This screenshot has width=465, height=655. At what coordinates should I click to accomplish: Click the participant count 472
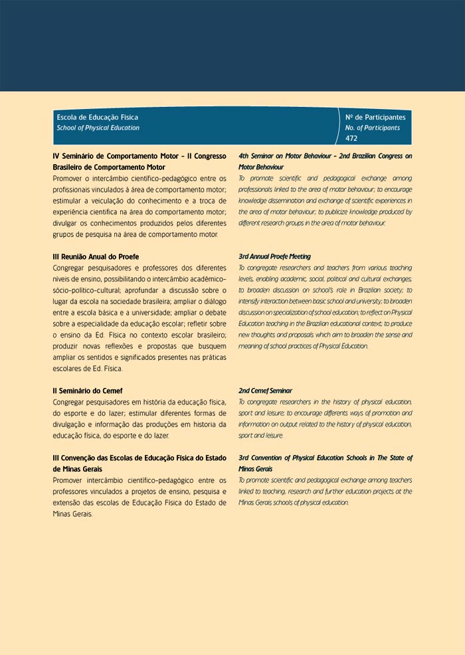pos(351,138)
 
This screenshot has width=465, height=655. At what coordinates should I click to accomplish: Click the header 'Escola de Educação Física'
pos(98,117)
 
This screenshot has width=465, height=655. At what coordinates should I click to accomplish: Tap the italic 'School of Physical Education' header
pos(98,128)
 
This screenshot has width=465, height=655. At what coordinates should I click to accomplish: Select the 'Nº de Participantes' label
pos(375,117)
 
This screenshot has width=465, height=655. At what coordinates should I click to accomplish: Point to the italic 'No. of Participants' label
pos(373,128)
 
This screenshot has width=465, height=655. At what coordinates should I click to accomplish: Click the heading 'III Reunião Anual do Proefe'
pos(96,256)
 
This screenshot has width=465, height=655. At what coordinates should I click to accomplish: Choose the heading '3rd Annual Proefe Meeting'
pos(274,256)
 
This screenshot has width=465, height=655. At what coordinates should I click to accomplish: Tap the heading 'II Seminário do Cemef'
pos(88,391)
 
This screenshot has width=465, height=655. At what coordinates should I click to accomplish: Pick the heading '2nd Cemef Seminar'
pos(265,391)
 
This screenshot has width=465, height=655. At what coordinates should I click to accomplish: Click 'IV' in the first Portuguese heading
pos(56,156)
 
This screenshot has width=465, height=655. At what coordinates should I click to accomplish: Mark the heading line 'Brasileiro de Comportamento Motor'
pos(109,167)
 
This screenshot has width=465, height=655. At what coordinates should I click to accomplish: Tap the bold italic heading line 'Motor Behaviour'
pos(261,167)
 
